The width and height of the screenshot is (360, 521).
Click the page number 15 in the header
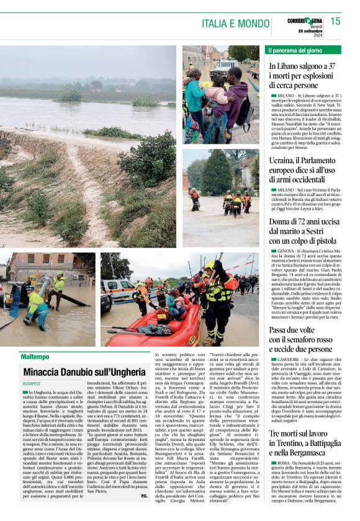335,22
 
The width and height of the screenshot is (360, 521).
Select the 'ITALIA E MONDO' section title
233,24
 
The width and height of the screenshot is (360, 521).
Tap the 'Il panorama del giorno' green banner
294,50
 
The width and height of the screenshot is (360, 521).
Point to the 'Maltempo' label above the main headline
35,357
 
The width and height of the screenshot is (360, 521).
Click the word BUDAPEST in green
31,384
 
